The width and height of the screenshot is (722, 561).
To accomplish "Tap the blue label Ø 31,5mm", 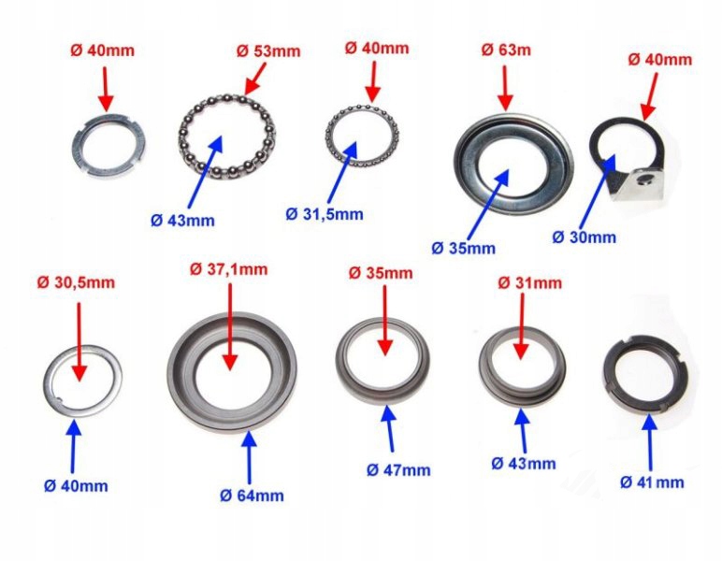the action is [325, 212].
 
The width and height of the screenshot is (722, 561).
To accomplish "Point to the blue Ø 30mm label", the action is [585, 237].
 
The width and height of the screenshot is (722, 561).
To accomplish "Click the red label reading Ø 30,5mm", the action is [77, 282].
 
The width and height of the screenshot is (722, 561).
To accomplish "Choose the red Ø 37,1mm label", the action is [228, 269].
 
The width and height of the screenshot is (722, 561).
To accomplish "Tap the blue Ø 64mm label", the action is [252, 495].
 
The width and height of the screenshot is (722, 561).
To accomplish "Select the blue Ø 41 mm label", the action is [652, 482].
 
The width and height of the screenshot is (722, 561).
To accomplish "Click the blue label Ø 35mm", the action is [463, 248].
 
